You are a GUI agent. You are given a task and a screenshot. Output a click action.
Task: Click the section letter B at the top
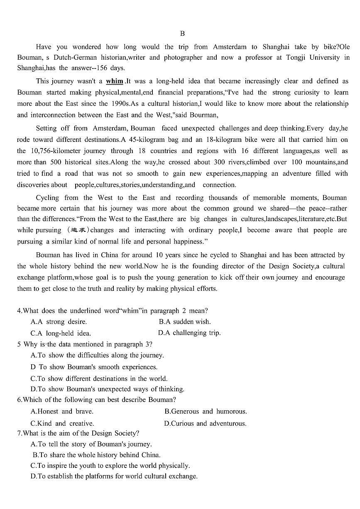pyautogui.click(x=182, y=34)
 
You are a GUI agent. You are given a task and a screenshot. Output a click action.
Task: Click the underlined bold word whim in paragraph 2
pyautogui.click(x=115, y=81)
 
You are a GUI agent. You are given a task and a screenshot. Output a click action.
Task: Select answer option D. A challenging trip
pyautogui.click(x=189, y=333)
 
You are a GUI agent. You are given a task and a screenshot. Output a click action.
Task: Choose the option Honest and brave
pyautogui.click(x=62, y=412)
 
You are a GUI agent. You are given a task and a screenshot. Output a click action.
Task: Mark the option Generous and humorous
pyautogui.click(x=206, y=412)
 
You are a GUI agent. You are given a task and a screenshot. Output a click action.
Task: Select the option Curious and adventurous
pyautogui.click(x=205, y=424)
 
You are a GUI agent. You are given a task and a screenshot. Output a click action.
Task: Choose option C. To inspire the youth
pyautogui.click(x=110, y=465)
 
